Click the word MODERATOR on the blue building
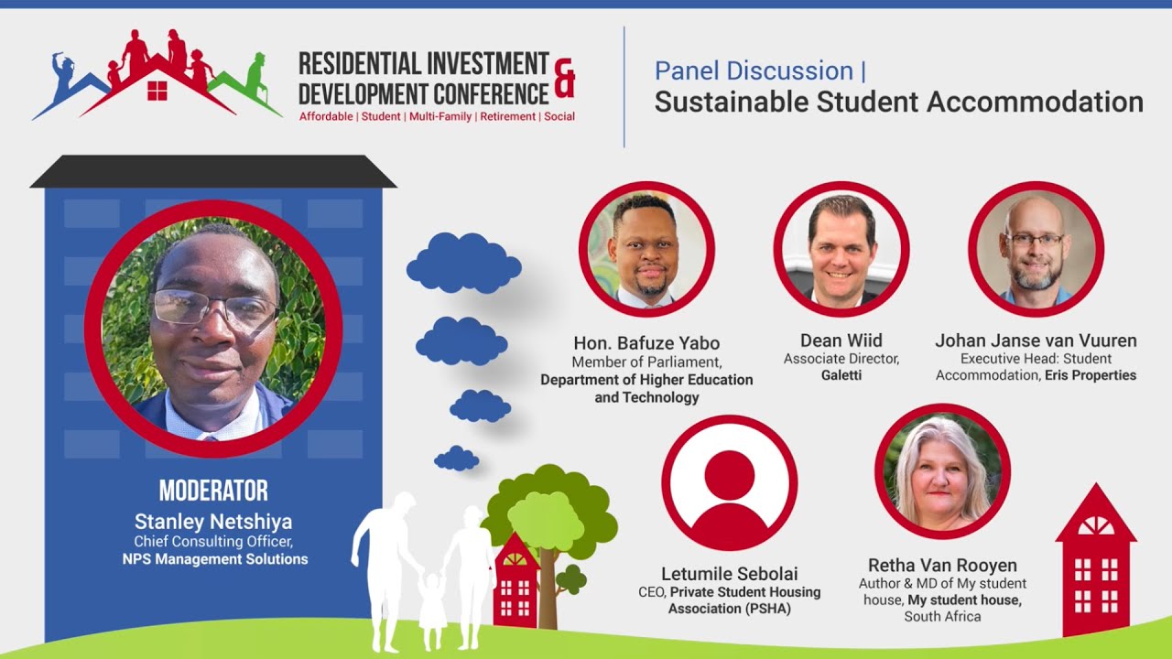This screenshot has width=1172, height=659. (213, 491)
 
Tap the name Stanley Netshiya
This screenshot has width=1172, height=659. (213, 522)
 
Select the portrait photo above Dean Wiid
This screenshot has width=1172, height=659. (841, 249)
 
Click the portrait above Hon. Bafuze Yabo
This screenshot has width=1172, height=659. (646, 249)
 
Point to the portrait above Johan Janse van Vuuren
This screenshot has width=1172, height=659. (1036, 249)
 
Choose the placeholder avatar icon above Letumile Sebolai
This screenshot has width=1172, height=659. (730, 482)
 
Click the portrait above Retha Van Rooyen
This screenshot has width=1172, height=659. (942, 471)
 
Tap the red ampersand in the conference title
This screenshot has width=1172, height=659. (565, 77)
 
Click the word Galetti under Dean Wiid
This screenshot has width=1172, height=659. (841, 375)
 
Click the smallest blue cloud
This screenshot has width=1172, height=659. (456, 458)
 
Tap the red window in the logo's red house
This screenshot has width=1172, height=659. (157, 90)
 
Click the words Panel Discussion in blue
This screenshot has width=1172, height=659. (754, 70)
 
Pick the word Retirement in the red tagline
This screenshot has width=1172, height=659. (508, 117)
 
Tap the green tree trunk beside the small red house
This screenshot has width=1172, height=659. (548, 586)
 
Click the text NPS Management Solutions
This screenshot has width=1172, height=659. (215, 559)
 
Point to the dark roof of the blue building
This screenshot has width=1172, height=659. (213, 171)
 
